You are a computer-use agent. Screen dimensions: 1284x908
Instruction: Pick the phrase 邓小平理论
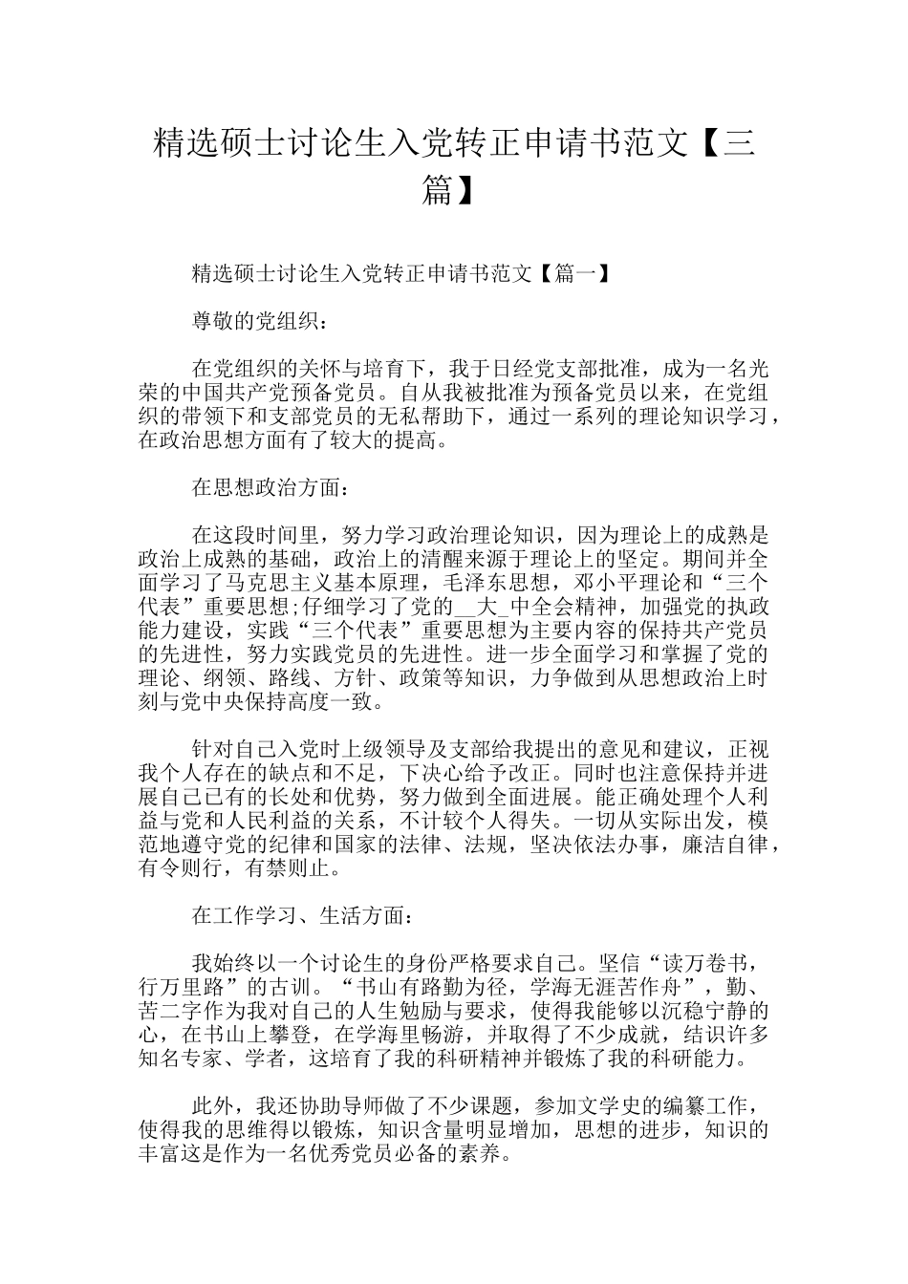pyautogui.click(x=631, y=582)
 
